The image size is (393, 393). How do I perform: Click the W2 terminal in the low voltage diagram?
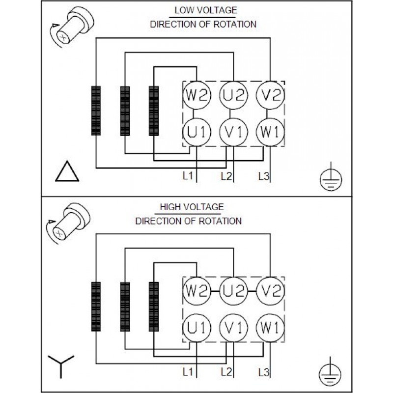point(197,95)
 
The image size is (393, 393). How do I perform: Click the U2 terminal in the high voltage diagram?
point(233,291)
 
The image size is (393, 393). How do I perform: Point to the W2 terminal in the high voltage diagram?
point(197,291)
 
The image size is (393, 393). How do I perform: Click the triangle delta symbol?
point(66,172)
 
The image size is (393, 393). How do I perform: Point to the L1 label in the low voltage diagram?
point(188,176)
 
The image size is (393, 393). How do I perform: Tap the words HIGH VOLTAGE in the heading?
point(192,207)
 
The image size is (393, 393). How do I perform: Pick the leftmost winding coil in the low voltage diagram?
point(96,111)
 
